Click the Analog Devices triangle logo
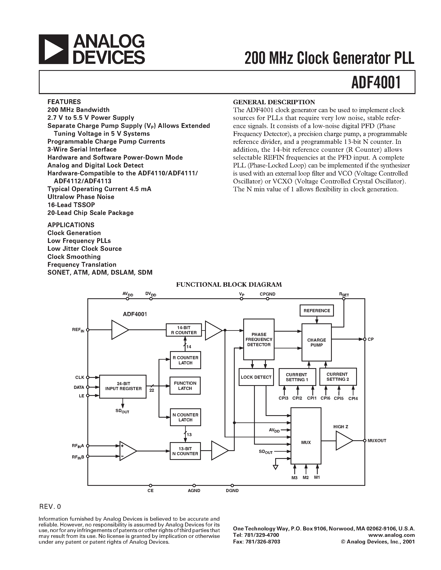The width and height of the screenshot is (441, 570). click(x=54, y=49)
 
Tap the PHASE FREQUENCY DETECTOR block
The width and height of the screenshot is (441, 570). click(x=259, y=339)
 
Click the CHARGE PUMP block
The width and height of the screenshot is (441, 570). click(x=316, y=342)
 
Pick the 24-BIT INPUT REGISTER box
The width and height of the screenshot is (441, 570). click(x=123, y=386)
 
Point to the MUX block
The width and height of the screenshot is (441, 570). click(x=306, y=442)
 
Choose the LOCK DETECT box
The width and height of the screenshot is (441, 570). click(x=256, y=377)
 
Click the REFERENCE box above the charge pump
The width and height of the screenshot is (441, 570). click(x=317, y=310)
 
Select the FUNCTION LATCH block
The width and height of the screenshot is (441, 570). click(x=185, y=386)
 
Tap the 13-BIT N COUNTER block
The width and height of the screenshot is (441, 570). click(x=185, y=451)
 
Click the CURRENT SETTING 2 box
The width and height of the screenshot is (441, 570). click(x=338, y=377)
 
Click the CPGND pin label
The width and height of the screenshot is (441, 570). click(x=267, y=294)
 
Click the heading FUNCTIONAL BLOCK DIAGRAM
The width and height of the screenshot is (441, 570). click(x=229, y=284)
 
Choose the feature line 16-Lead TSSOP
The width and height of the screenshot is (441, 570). click(x=71, y=205)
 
